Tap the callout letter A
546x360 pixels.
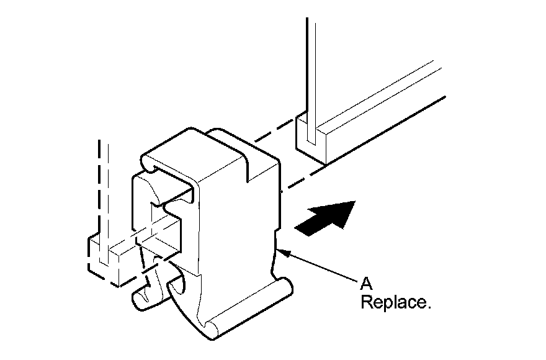click(365, 284)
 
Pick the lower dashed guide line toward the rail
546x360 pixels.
click(304, 178)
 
